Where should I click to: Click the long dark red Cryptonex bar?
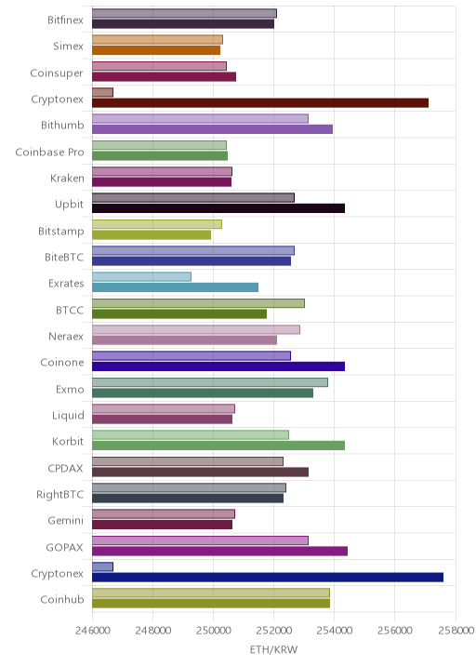click(260, 103)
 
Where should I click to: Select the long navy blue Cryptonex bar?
click(268, 578)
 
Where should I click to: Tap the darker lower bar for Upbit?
click(218, 208)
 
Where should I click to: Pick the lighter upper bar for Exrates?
click(142, 276)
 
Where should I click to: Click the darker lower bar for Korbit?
click(218, 446)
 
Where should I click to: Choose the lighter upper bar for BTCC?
click(198, 303)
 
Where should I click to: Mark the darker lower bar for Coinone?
click(218, 366)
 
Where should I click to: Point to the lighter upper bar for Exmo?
click(210, 382)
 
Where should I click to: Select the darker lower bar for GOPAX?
click(220, 551)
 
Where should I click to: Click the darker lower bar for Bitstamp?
click(152, 234)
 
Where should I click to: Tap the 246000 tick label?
click(93, 630)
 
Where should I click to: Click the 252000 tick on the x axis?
click(274, 630)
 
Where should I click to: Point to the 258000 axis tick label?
click(456, 630)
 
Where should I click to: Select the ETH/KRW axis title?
click(274, 650)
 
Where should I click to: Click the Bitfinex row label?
click(65, 20)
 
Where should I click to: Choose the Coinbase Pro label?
click(49, 152)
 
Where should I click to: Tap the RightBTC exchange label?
click(59, 495)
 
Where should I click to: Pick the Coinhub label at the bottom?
click(62, 599)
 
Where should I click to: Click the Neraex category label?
click(66, 337)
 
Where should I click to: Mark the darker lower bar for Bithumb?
click(212, 129)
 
